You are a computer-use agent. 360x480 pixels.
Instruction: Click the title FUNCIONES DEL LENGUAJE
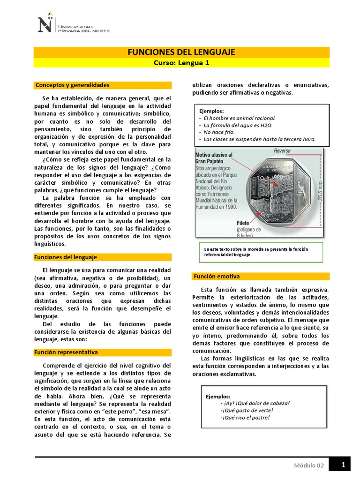tap(181, 52)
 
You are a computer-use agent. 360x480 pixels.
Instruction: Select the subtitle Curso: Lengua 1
tap(181, 63)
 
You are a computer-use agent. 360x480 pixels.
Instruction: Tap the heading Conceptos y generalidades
tap(73, 85)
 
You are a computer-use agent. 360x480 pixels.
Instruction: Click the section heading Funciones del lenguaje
tap(66, 257)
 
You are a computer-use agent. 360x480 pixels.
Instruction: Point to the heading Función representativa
tap(67, 352)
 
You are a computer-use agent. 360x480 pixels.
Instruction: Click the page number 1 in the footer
tap(344, 465)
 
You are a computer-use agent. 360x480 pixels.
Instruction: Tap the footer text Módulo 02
tap(309, 465)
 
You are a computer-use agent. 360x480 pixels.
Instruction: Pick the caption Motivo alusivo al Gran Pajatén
tap(214, 157)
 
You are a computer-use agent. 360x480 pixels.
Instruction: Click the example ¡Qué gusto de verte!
tap(247, 410)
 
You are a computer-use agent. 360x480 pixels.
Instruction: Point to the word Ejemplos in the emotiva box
tap(218, 397)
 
